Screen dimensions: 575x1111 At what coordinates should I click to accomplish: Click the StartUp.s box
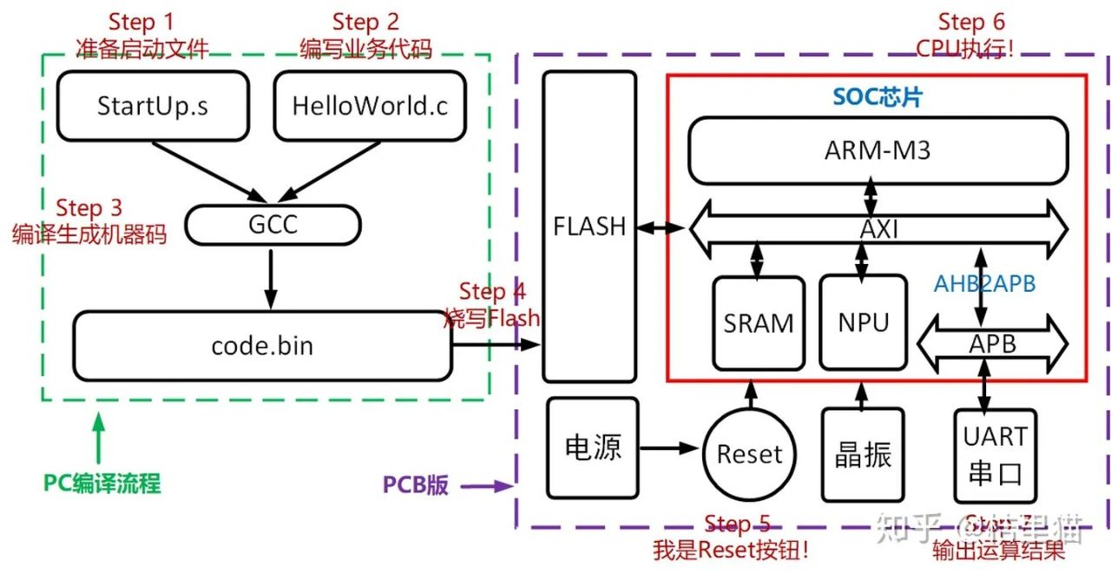click(x=153, y=105)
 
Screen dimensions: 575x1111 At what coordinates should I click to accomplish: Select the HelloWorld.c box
click(x=370, y=105)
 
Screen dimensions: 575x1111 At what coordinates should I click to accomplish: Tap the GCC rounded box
click(x=273, y=225)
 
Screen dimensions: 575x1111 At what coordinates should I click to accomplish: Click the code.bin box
click(x=262, y=346)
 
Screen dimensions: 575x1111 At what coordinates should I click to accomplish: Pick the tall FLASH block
click(x=589, y=227)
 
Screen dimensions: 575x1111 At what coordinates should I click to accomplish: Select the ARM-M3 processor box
click(x=878, y=150)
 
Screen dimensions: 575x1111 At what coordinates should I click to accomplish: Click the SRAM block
click(x=758, y=322)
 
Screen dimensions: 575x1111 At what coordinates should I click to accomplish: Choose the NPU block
click(x=864, y=322)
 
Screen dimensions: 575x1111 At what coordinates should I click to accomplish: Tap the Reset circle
click(x=749, y=453)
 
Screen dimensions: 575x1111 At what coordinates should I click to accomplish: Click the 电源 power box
click(x=593, y=448)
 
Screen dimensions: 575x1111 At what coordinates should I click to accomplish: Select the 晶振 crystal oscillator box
click(x=863, y=454)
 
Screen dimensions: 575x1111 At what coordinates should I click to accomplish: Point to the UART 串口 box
click(x=996, y=454)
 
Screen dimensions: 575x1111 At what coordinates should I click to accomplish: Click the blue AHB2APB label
click(x=984, y=284)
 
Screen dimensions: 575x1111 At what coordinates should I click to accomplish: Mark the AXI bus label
click(x=878, y=229)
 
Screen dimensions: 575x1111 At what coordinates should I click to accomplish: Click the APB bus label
click(x=992, y=343)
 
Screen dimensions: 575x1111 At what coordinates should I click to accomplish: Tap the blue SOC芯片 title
click(x=878, y=96)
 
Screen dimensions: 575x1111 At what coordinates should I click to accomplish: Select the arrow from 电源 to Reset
click(x=668, y=449)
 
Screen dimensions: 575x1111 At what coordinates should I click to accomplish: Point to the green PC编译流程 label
click(x=102, y=483)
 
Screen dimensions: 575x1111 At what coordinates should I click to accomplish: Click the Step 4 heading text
click(x=492, y=292)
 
